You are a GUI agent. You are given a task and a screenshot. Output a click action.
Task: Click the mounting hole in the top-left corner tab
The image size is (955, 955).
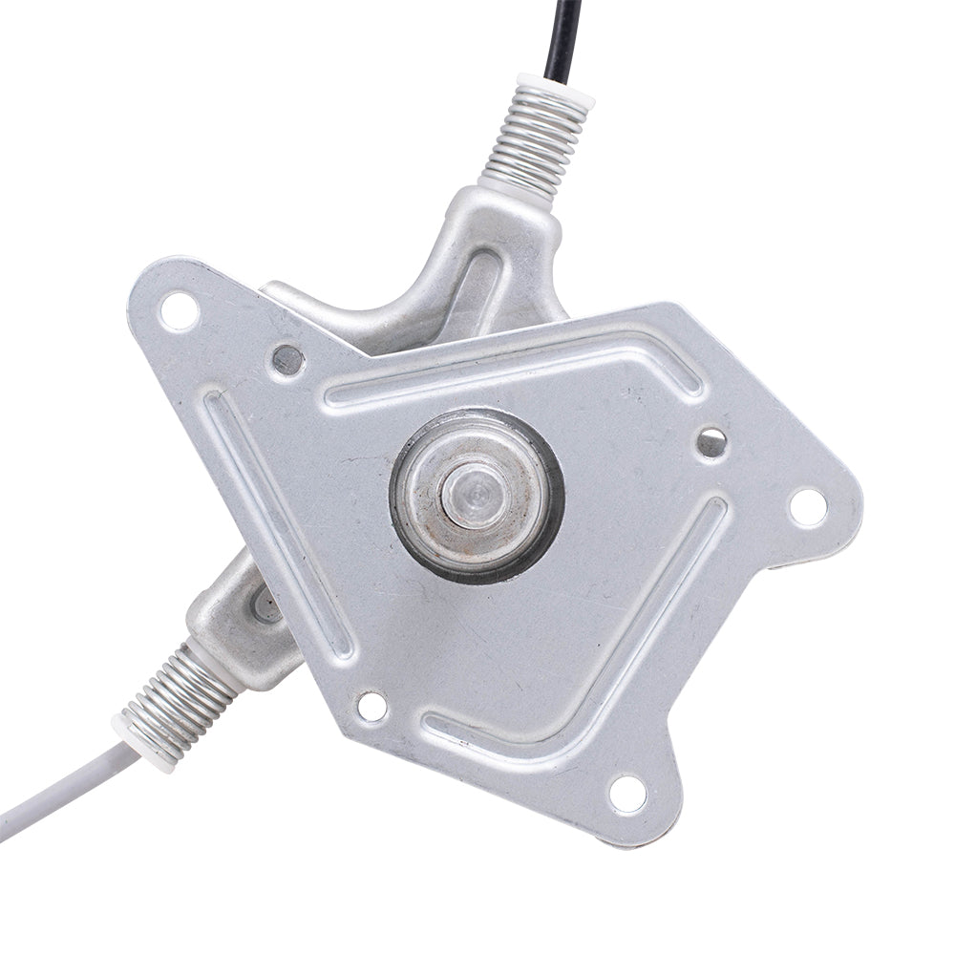pyautogui.click(x=179, y=311)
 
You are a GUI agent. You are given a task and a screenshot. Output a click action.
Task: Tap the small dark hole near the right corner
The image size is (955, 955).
pyautogui.click(x=711, y=440)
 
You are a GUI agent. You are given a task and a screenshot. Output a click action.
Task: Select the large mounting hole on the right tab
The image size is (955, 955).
pyautogui.click(x=807, y=506)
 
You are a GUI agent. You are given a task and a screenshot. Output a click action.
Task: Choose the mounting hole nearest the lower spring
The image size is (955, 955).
pyautogui.click(x=371, y=707)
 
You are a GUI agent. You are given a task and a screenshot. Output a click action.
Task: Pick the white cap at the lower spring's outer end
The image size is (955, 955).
pyautogui.click(x=129, y=731)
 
